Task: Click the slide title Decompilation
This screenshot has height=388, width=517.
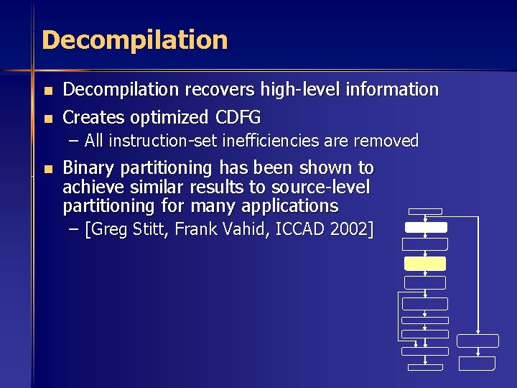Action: click(x=135, y=40)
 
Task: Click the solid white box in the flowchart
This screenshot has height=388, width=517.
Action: click(x=426, y=227)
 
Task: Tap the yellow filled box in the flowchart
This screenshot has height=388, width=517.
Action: click(x=425, y=264)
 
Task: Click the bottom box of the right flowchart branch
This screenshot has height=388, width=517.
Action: click(x=478, y=364)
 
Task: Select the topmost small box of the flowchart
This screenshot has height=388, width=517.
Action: click(x=424, y=212)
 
